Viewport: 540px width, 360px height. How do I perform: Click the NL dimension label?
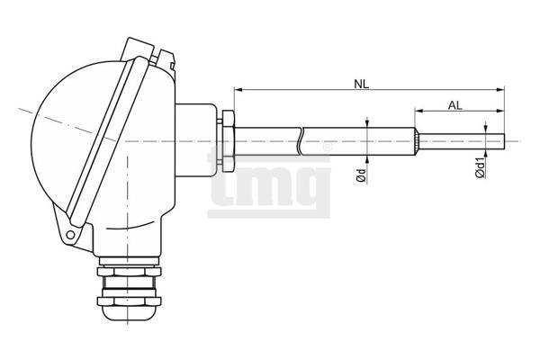361,84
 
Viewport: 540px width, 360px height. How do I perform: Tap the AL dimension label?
454,105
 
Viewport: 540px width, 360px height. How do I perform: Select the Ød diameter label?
361,175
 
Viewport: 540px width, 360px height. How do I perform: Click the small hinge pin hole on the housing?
70,235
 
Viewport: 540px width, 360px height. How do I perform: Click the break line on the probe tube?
300,141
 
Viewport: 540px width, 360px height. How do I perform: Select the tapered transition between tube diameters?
417,141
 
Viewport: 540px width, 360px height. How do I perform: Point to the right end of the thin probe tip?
504,141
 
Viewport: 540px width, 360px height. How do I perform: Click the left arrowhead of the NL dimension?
238,90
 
